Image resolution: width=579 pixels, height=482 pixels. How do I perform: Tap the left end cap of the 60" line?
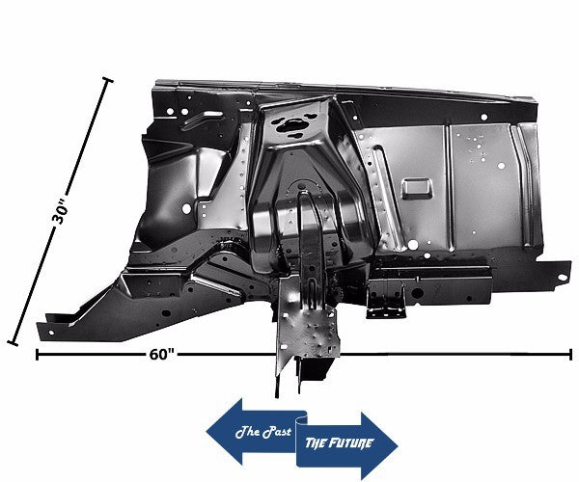tap(37, 355)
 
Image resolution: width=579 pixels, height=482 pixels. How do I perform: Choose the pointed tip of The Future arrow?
tap(397, 444)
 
